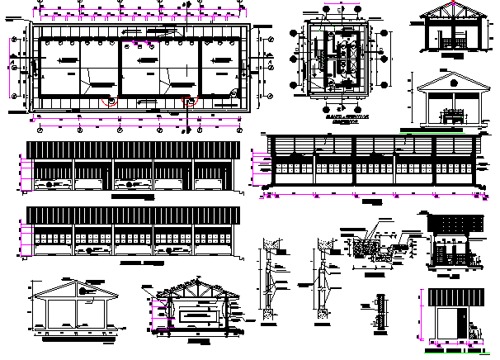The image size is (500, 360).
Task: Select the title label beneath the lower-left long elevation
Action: pos(140,263)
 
